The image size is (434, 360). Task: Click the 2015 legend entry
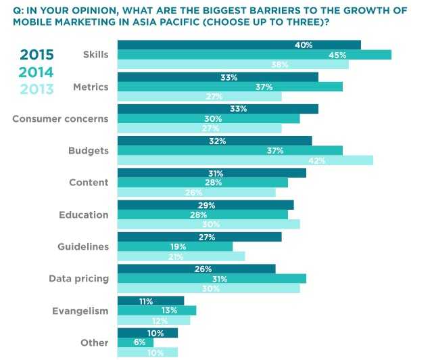coord(37,55)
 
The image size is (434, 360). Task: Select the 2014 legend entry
coord(37,72)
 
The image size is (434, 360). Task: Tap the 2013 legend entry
coord(37,89)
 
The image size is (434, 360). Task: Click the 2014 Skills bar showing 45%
coord(254,55)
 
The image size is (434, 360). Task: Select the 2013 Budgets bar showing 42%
coord(245,160)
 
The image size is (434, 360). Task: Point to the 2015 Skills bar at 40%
coord(239,45)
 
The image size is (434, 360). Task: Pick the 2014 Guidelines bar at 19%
coord(175,247)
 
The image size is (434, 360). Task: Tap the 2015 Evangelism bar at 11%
coord(151,300)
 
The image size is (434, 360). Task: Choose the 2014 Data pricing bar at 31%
coord(212,279)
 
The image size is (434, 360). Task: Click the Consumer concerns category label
coord(61,118)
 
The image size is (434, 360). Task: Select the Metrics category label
coord(91,87)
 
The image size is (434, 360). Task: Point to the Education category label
coord(84,215)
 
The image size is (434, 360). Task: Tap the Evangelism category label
coord(80,311)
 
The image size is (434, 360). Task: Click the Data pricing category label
coord(78,278)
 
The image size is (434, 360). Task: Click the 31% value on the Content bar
coord(216,174)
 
